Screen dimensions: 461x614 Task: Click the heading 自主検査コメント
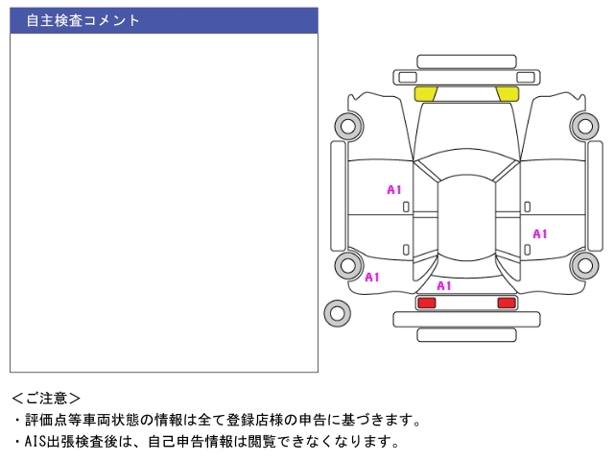(83, 20)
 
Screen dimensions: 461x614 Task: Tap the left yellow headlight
(426, 93)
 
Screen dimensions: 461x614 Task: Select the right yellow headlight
(507, 93)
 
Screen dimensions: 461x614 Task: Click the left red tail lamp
(426, 303)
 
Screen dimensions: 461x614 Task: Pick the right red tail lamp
(506, 303)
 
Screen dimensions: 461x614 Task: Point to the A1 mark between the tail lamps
(444, 286)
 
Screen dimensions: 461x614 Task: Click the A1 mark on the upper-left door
(394, 190)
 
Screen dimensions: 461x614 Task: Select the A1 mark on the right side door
(540, 233)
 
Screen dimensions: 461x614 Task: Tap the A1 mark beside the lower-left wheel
(372, 278)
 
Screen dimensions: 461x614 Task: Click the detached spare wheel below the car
(337, 312)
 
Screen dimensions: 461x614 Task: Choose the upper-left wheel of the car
(347, 124)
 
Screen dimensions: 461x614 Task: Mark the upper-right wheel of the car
(583, 124)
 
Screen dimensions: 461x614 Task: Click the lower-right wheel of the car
(583, 265)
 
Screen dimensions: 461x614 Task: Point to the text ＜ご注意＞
(46, 397)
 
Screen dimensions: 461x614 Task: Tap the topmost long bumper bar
(466, 61)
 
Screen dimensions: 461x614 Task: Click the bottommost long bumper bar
(466, 334)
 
